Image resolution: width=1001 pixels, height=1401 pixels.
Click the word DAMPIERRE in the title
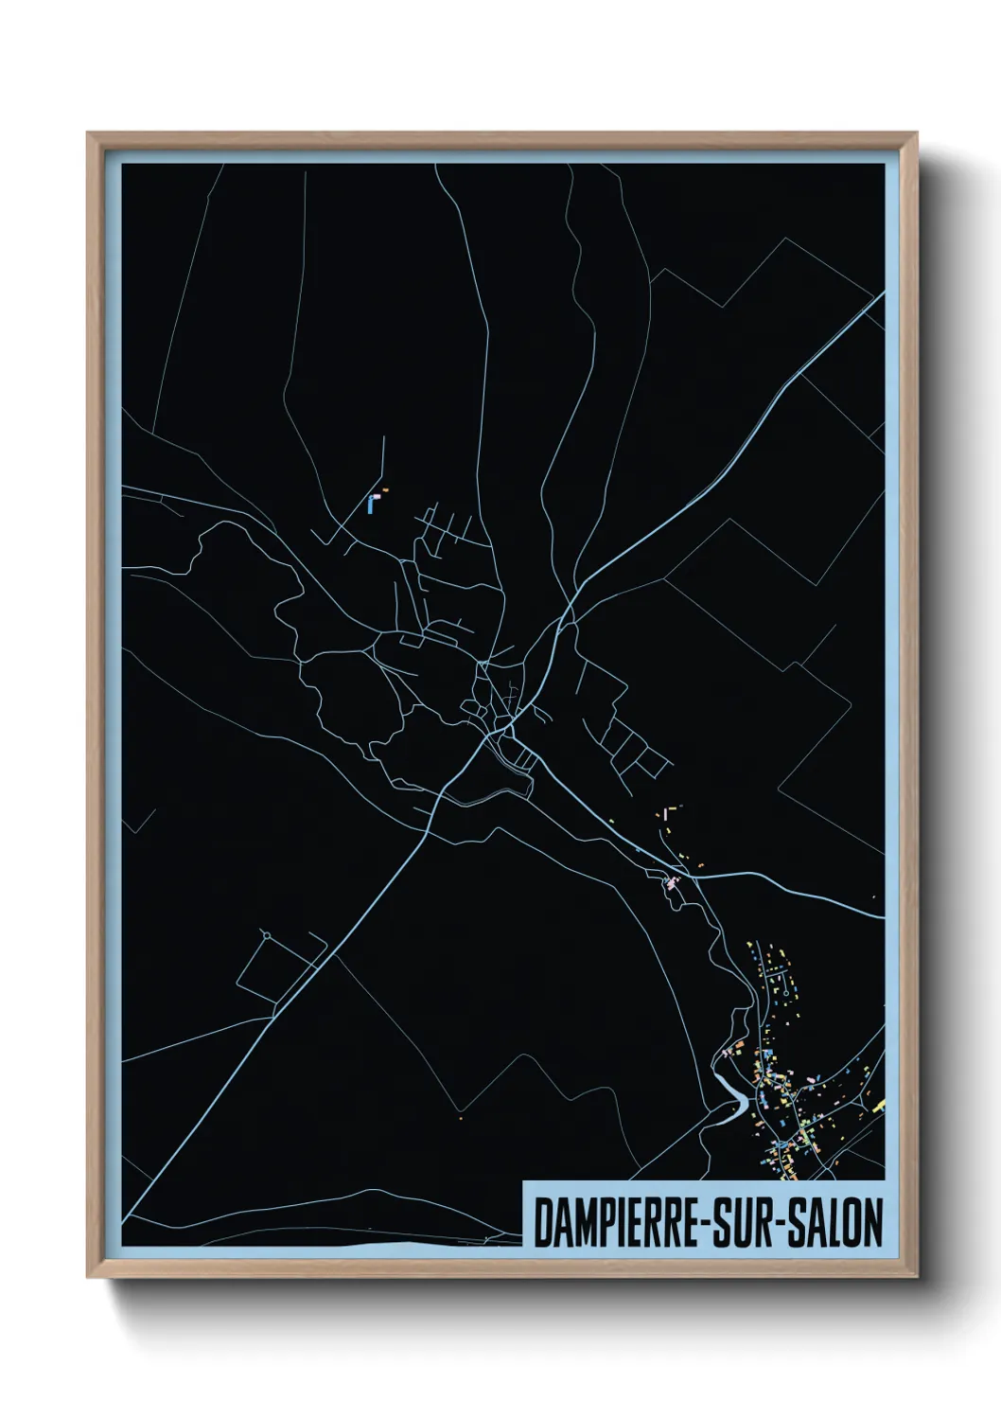click(616, 1223)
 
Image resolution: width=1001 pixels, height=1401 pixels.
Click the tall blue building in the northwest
click(370, 505)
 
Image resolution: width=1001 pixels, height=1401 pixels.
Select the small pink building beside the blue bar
click(378, 495)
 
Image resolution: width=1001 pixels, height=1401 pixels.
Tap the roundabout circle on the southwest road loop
click(267, 935)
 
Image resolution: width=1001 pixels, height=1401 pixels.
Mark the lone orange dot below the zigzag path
click(459, 1120)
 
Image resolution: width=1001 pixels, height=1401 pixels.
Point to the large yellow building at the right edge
click(879, 1106)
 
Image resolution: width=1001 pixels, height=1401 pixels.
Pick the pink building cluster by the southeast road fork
click(672, 884)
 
